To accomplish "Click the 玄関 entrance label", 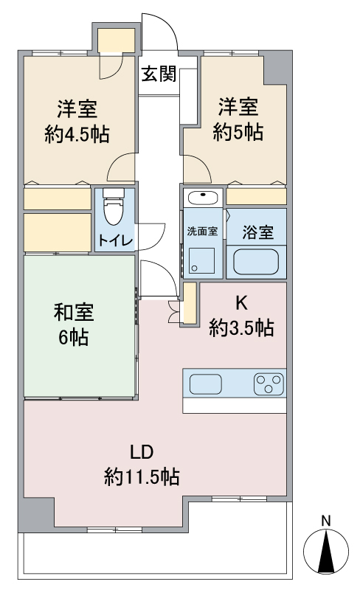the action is click(x=159, y=73).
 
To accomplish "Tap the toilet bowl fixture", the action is click(x=114, y=208).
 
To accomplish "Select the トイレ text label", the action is click(x=116, y=240).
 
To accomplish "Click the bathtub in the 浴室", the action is click(x=256, y=262).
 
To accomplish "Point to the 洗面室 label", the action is click(x=202, y=232).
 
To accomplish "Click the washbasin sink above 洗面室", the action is click(x=202, y=197).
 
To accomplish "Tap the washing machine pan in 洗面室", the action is click(x=201, y=260).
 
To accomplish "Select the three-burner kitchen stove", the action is click(x=269, y=383).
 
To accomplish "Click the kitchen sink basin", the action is click(x=206, y=384).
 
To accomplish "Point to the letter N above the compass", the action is click(x=326, y=521).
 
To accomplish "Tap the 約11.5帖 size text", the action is click(x=142, y=477).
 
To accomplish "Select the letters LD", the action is click(x=142, y=452).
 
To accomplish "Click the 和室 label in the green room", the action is click(x=74, y=312).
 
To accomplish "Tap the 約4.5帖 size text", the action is click(x=77, y=134).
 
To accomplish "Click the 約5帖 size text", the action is click(x=238, y=132).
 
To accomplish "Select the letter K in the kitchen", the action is click(x=241, y=303).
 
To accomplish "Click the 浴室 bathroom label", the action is click(x=258, y=232).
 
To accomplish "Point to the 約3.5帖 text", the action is click(x=241, y=327).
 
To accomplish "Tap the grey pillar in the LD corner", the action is click(x=37, y=513).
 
